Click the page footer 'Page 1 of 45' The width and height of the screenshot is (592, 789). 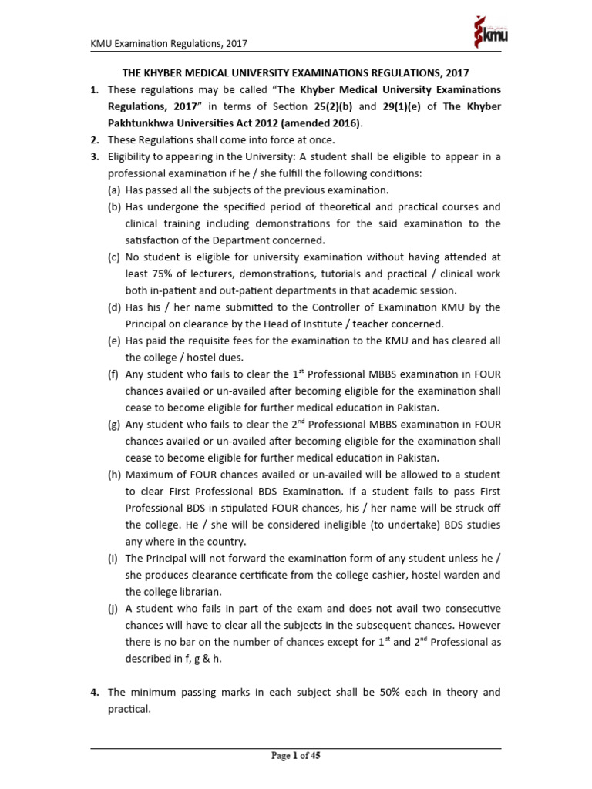pos(296,756)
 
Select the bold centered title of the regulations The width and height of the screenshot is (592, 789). pos(296,72)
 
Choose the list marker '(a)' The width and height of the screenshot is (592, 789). pos(114,190)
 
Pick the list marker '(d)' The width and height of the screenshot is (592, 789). pos(115,307)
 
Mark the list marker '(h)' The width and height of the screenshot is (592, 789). pos(115,474)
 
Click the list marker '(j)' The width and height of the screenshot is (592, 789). pos(114,608)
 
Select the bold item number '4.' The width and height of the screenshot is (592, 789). pos(94,693)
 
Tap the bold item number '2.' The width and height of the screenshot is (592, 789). pos(94,139)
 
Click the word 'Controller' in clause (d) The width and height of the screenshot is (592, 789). pos(365,307)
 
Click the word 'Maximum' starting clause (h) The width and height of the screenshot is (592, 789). pos(153,474)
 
